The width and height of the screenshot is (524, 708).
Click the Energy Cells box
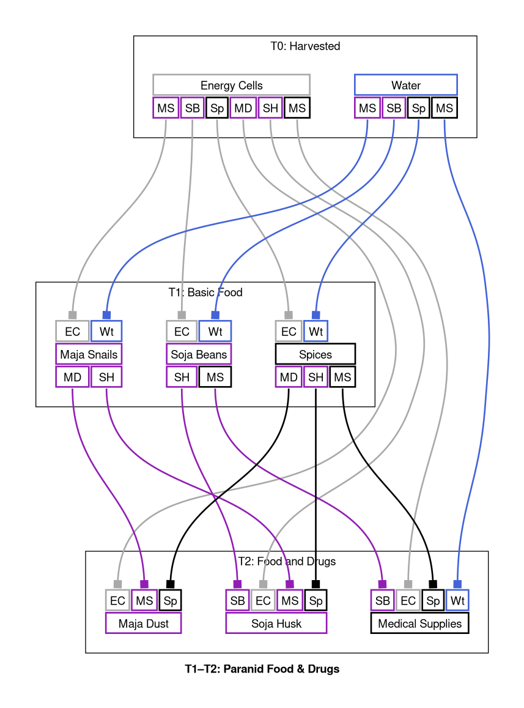point(231,85)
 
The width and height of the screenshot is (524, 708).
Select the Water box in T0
point(405,85)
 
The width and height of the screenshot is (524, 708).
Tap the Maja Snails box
point(89,354)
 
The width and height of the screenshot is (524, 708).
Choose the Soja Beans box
point(199,354)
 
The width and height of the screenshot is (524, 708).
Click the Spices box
point(315,354)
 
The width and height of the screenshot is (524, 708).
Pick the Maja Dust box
point(143,624)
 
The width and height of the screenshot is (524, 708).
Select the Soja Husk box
point(276,624)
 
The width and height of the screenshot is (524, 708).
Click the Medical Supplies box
point(419,624)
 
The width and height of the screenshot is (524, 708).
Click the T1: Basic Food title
point(205,293)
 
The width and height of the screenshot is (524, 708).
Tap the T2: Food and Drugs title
point(286,561)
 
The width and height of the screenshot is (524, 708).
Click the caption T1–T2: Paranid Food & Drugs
point(262,669)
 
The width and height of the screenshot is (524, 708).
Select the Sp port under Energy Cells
point(217,108)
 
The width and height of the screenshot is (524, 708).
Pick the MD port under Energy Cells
point(243,108)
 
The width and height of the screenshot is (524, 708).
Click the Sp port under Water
point(419,108)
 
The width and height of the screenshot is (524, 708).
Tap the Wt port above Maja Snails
point(106,331)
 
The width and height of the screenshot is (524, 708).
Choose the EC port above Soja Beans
point(182,331)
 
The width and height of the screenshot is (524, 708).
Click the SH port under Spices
point(316,377)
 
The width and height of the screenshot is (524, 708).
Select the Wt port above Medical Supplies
point(457,600)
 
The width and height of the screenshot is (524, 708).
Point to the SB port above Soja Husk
point(237,600)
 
